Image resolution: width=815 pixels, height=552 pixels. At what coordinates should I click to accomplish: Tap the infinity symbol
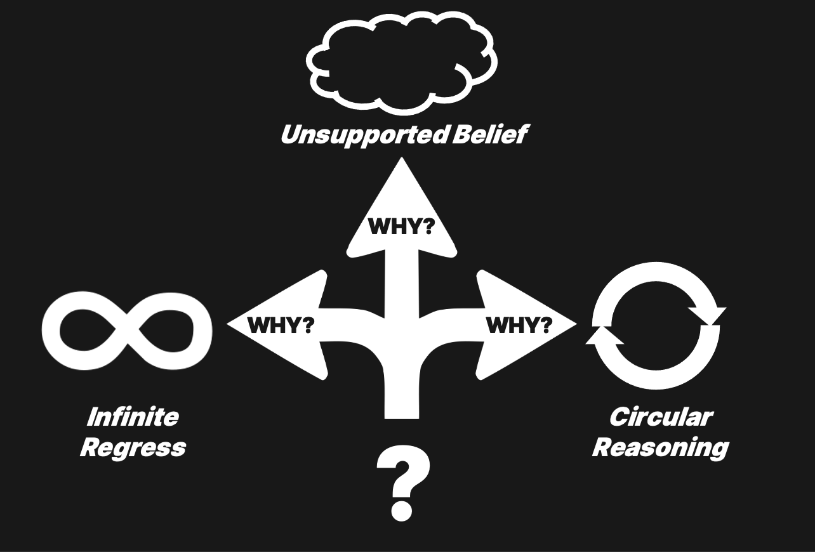(x=126, y=331)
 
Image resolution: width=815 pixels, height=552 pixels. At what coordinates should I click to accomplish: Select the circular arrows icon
(x=656, y=325)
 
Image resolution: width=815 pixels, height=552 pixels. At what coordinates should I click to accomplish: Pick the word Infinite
(x=132, y=417)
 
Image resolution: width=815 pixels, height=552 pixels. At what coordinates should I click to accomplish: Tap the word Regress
(x=133, y=447)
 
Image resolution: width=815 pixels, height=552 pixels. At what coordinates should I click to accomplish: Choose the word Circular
(x=660, y=417)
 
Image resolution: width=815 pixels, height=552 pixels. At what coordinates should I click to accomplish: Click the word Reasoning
(x=660, y=447)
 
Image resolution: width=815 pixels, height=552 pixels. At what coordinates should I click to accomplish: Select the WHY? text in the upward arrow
(x=401, y=227)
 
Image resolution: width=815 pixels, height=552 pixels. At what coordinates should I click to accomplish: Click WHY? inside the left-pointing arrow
(x=281, y=325)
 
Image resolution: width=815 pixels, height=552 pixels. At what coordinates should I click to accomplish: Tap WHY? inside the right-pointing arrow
(x=519, y=325)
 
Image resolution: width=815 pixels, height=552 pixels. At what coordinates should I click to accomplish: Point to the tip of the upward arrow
(x=401, y=160)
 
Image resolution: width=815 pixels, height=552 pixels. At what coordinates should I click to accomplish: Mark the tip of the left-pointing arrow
(x=229, y=325)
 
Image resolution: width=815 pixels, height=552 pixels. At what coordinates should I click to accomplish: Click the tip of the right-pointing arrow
(x=574, y=325)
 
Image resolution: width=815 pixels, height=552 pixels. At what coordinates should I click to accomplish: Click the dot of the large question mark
(x=401, y=508)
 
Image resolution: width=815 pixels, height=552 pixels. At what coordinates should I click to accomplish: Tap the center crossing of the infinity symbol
(x=126, y=331)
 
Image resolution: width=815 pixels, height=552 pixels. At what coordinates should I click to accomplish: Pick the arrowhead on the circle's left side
(x=604, y=336)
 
